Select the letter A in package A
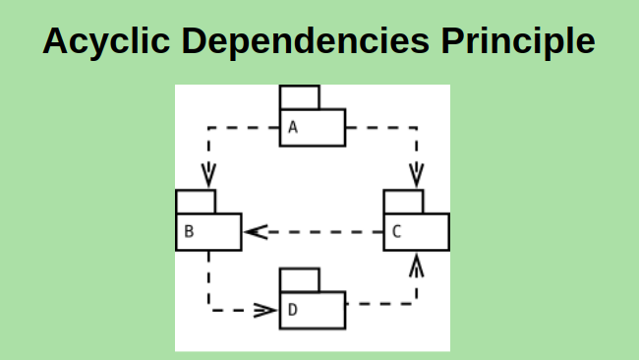[x=292, y=128]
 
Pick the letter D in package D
[x=292, y=311]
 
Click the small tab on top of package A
[x=299, y=97]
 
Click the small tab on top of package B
[x=195, y=201]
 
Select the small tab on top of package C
[x=403, y=201]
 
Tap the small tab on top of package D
[x=299, y=279]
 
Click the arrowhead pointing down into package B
[x=208, y=177]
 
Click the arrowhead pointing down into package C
[x=417, y=177]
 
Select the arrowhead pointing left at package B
[x=256, y=232]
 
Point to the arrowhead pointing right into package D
[x=265, y=310]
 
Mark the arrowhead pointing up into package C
[x=417, y=263]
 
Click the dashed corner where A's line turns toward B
[x=208, y=127]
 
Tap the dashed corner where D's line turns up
[x=417, y=303]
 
